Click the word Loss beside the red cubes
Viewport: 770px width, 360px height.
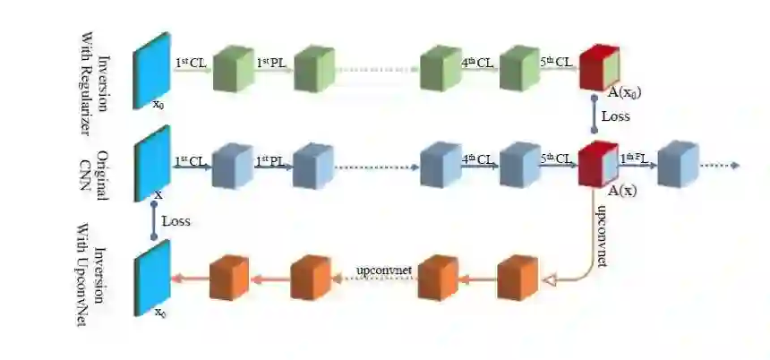coord(615,116)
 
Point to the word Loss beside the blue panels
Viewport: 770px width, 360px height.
coord(175,219)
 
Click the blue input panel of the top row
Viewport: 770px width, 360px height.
coord(151,68)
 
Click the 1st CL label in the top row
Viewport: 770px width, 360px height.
coord(191,62)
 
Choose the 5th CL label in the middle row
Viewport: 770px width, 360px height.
coord(558,159)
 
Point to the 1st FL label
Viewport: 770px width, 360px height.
coord(637,159)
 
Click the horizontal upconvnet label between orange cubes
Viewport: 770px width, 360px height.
coord(383,269)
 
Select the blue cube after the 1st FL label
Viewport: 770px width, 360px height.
coord(676,164)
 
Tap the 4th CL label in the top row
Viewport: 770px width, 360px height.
coord(477,63)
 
